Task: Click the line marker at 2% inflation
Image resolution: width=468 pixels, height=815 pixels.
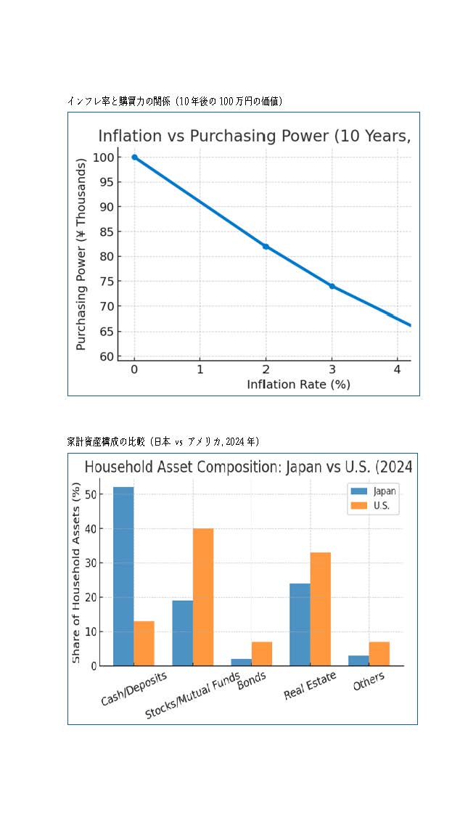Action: click(266, 247)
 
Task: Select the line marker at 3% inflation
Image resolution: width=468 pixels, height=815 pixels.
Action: click(332, 286)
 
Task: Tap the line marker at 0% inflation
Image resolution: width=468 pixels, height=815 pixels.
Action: click(134, 157)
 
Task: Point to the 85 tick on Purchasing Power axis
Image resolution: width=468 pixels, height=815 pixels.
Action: click(106, 232)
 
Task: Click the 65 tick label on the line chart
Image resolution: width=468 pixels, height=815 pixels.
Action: click(106, 332)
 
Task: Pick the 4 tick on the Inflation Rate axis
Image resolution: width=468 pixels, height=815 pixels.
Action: click(397, 369)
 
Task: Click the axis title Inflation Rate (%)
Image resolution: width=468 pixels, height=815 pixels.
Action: click(298, 385)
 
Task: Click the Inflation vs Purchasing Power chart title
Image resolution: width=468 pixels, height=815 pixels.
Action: click(254, 136)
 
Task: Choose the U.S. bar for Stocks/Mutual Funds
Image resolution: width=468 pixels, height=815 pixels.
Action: click(203, 597)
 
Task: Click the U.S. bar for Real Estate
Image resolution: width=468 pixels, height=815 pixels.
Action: click(320, 609)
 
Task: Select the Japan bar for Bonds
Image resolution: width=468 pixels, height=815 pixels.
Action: click(242, 662)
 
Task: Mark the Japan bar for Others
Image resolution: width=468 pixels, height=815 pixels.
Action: click(358, 660)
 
